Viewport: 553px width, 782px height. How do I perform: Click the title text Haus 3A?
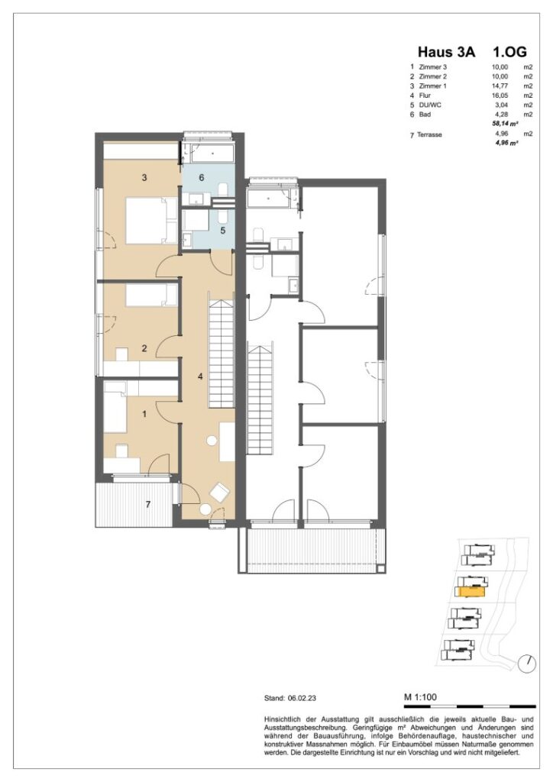point(446,52)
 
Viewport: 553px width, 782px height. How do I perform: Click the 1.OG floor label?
point(509,52)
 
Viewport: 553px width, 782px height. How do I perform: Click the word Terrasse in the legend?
point(432,134)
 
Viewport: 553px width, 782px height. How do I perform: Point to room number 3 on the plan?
point(143,178)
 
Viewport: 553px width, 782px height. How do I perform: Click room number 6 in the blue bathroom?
point(202,177)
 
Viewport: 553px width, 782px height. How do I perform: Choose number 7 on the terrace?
point(149,504)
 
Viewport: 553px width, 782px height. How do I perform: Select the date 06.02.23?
point(306,698)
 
